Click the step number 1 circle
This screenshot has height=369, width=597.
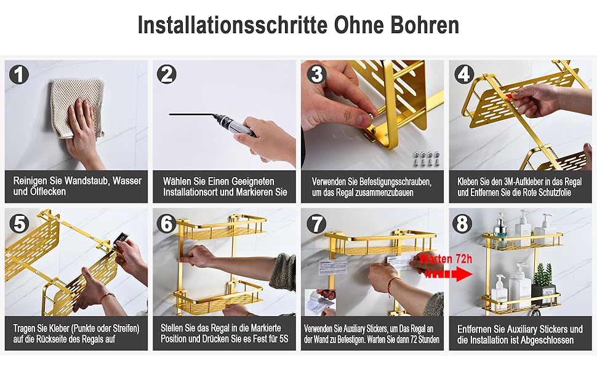[x=19, y=74]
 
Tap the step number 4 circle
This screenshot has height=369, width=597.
[x=463, y=74]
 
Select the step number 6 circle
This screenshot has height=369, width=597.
[x=167, y=223]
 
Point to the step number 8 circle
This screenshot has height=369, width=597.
[x=462, y=223]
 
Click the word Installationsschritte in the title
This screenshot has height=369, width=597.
[x=233, y=25]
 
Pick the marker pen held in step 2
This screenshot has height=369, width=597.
[x=213, y=122]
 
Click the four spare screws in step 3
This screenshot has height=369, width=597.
[x=427, y=158]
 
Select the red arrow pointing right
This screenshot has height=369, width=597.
[x=449, y=274]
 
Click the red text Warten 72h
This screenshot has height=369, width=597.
[x=446, y=259]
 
